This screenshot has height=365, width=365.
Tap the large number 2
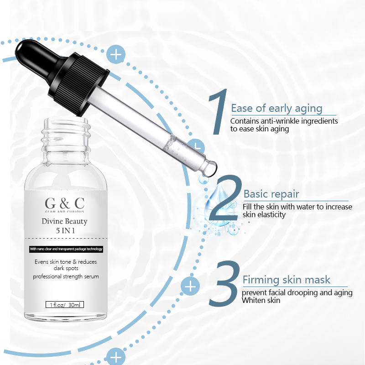(x=224, y=198)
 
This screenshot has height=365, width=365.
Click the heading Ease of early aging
(x=276, y=109)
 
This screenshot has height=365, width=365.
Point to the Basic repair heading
(x=271, y=194)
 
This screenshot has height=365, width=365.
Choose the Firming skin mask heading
(x=287, y=280)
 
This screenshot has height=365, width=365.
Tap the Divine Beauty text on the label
(x=64, y=221)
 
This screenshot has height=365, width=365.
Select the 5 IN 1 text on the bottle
(x=65, y=231)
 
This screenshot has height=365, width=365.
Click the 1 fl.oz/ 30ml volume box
(x=65, y=305)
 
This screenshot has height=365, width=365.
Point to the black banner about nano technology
(x=66, y=249)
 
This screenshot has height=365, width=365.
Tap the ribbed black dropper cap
(x=78, y=84)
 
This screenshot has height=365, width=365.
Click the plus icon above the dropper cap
(x=116, y=54)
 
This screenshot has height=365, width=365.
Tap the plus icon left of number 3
(x=190, y=286)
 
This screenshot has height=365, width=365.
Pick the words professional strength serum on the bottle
(x=66, y=276)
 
